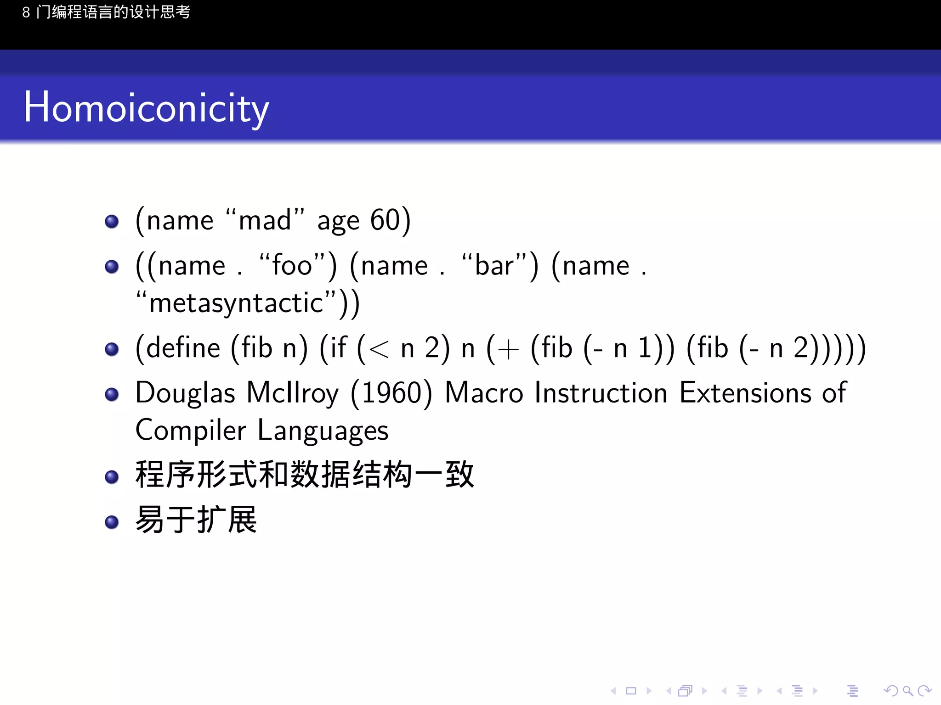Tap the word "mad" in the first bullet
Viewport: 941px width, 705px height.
265,220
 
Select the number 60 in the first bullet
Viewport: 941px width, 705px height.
385,220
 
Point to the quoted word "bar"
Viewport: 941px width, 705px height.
494,266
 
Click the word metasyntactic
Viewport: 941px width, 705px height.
236,303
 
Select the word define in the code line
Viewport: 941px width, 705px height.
183,348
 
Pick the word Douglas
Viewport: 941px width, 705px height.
185,393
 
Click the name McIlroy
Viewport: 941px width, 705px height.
293,393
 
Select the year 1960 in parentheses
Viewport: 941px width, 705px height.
391,393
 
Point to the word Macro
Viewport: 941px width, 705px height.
484,393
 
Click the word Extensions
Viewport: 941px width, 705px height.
745,393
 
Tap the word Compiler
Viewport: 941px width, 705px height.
191,431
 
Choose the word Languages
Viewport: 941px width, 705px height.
323,431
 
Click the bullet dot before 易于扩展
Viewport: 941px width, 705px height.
112,522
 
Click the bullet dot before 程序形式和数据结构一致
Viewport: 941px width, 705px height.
112,477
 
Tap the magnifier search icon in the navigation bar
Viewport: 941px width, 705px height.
907,691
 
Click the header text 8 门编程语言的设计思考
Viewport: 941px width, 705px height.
106,12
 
